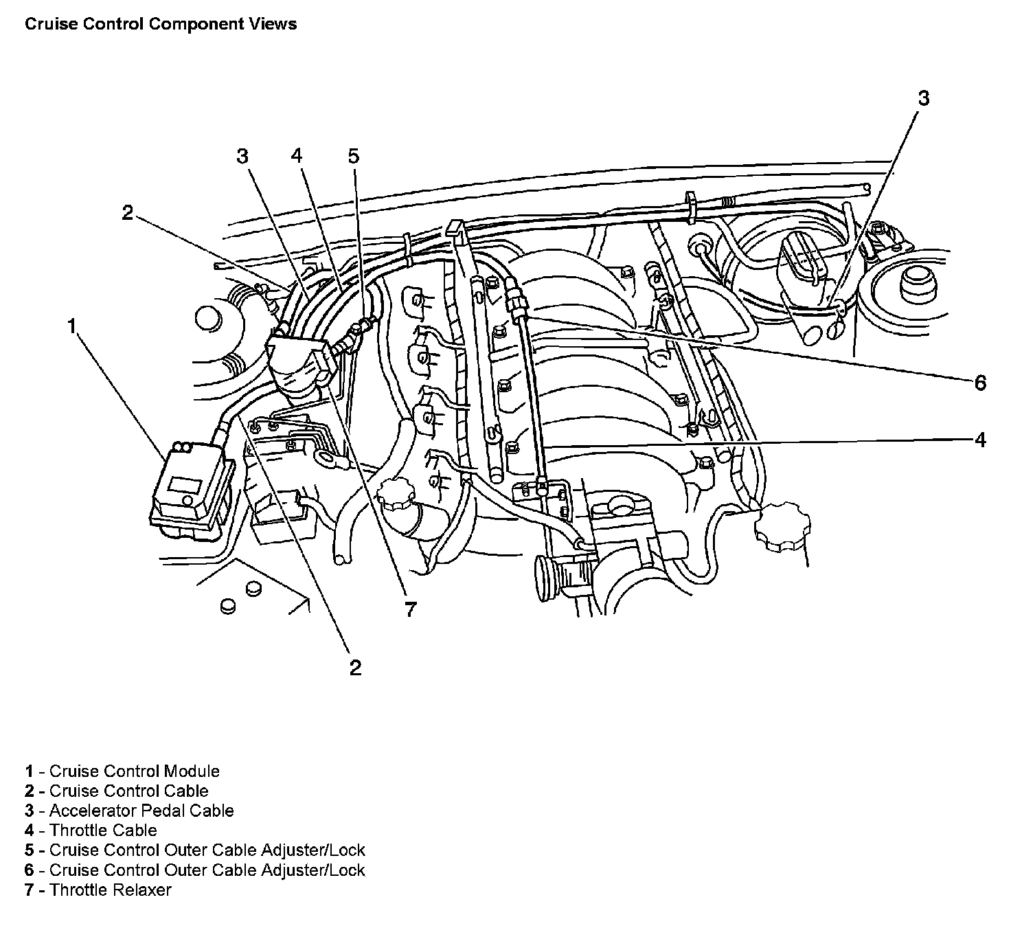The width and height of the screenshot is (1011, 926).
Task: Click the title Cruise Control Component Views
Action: [161, 24]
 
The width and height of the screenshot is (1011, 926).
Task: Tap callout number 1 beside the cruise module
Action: [72, 326]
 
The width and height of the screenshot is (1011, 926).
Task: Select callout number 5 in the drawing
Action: [353, 156]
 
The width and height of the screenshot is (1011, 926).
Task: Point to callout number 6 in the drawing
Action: [980, 382]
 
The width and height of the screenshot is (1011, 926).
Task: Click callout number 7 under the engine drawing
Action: [410, 609]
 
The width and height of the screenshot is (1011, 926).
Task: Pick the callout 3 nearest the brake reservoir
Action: [923, 98]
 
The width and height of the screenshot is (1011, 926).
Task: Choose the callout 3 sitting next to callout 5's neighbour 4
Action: [242, 156]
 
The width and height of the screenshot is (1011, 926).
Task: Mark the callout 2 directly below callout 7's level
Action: [354, 666]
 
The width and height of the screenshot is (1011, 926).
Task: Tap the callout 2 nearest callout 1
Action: [127, 212]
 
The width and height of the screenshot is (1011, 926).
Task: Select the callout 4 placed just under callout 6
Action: [980, 440]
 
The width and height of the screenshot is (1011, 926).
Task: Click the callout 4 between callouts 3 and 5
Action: [296, 156]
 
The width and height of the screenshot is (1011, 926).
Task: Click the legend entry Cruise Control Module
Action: [122, 771]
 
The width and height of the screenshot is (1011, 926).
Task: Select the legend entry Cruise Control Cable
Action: [117, 791]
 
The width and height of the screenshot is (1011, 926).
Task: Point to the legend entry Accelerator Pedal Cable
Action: [129, 811]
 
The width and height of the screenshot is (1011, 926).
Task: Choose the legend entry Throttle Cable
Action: [91, 831]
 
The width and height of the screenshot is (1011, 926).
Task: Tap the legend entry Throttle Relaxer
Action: [98, 890]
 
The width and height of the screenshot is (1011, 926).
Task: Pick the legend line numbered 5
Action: [195, 850]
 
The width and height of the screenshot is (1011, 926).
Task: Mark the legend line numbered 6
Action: [195, 870]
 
